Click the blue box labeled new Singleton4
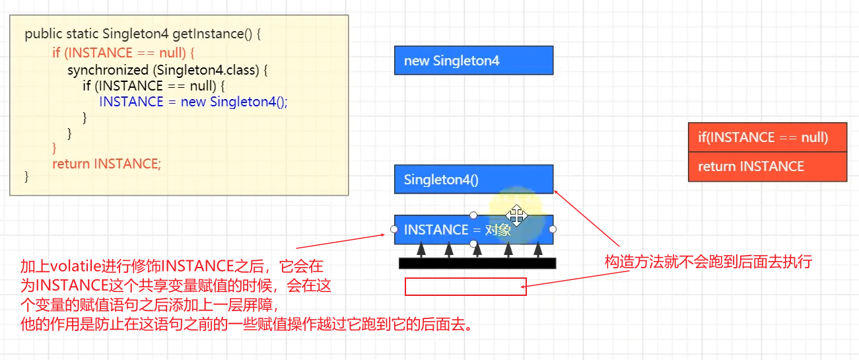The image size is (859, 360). pos(473,61)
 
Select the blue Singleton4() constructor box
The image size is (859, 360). pos(473,180)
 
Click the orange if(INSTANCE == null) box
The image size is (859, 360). pos(767,137)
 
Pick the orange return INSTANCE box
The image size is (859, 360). pos(767,166)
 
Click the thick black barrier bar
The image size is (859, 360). pos(477,264)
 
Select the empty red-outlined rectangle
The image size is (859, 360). pos(465,287)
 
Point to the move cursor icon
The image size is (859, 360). pos(516,215)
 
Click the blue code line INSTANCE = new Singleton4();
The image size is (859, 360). pos(193,102)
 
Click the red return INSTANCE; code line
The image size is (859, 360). pos(106,163)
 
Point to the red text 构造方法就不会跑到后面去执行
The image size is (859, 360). pos(708,262)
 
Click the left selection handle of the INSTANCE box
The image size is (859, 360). pos(394,229)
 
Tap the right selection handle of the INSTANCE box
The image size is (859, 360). pos(553,229)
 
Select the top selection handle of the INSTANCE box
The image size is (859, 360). pos(473,215)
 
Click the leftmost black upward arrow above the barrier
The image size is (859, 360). pos(420,250)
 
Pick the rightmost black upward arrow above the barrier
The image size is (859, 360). pos(538,250)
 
